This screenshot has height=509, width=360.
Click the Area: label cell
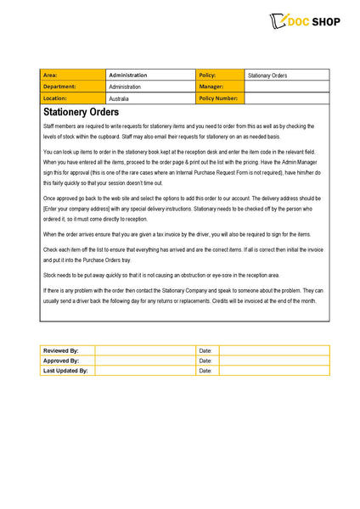pyautogui.click(x=73, y=75)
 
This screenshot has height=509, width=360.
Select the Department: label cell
pyautogui.click(x=73, y=87)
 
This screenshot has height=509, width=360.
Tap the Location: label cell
pyautogui.click(x=73, y=98)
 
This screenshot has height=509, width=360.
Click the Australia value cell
pyautogui.click(x=151, y=98)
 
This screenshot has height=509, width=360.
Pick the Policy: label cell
pyautogui.click(x=220, y=75)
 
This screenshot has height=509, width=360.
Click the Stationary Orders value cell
pyautogui.click(x=286, y=75)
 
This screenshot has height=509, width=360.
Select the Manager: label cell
pyautogui.click(x=220, y=87)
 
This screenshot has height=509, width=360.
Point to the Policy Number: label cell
pyautogui.click(x=220, y=98)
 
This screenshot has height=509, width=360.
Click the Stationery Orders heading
pyautogui.click(x=81, y=112)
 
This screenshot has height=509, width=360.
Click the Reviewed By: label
pyautogui.click(x=67, y=350)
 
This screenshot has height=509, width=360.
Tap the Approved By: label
pyautogui.click(x=67, y=361)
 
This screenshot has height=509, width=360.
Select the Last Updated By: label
pyautogui.click(x=67, y=371)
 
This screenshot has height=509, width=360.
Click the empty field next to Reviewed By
pyautogui.click(x=145, y=350)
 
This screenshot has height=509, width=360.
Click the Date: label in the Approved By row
pyautogui.click(x=207, y=361)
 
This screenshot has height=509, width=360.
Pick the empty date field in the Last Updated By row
pyautogui.click(x=274, y=371)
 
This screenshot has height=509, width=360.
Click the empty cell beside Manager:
pyautogui.click(x=286, y=87)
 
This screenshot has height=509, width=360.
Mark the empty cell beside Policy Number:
pyautogui.click(x=286, y=98)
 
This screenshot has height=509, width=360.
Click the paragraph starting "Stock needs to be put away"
pyautogui.click(x=161, y=275)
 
